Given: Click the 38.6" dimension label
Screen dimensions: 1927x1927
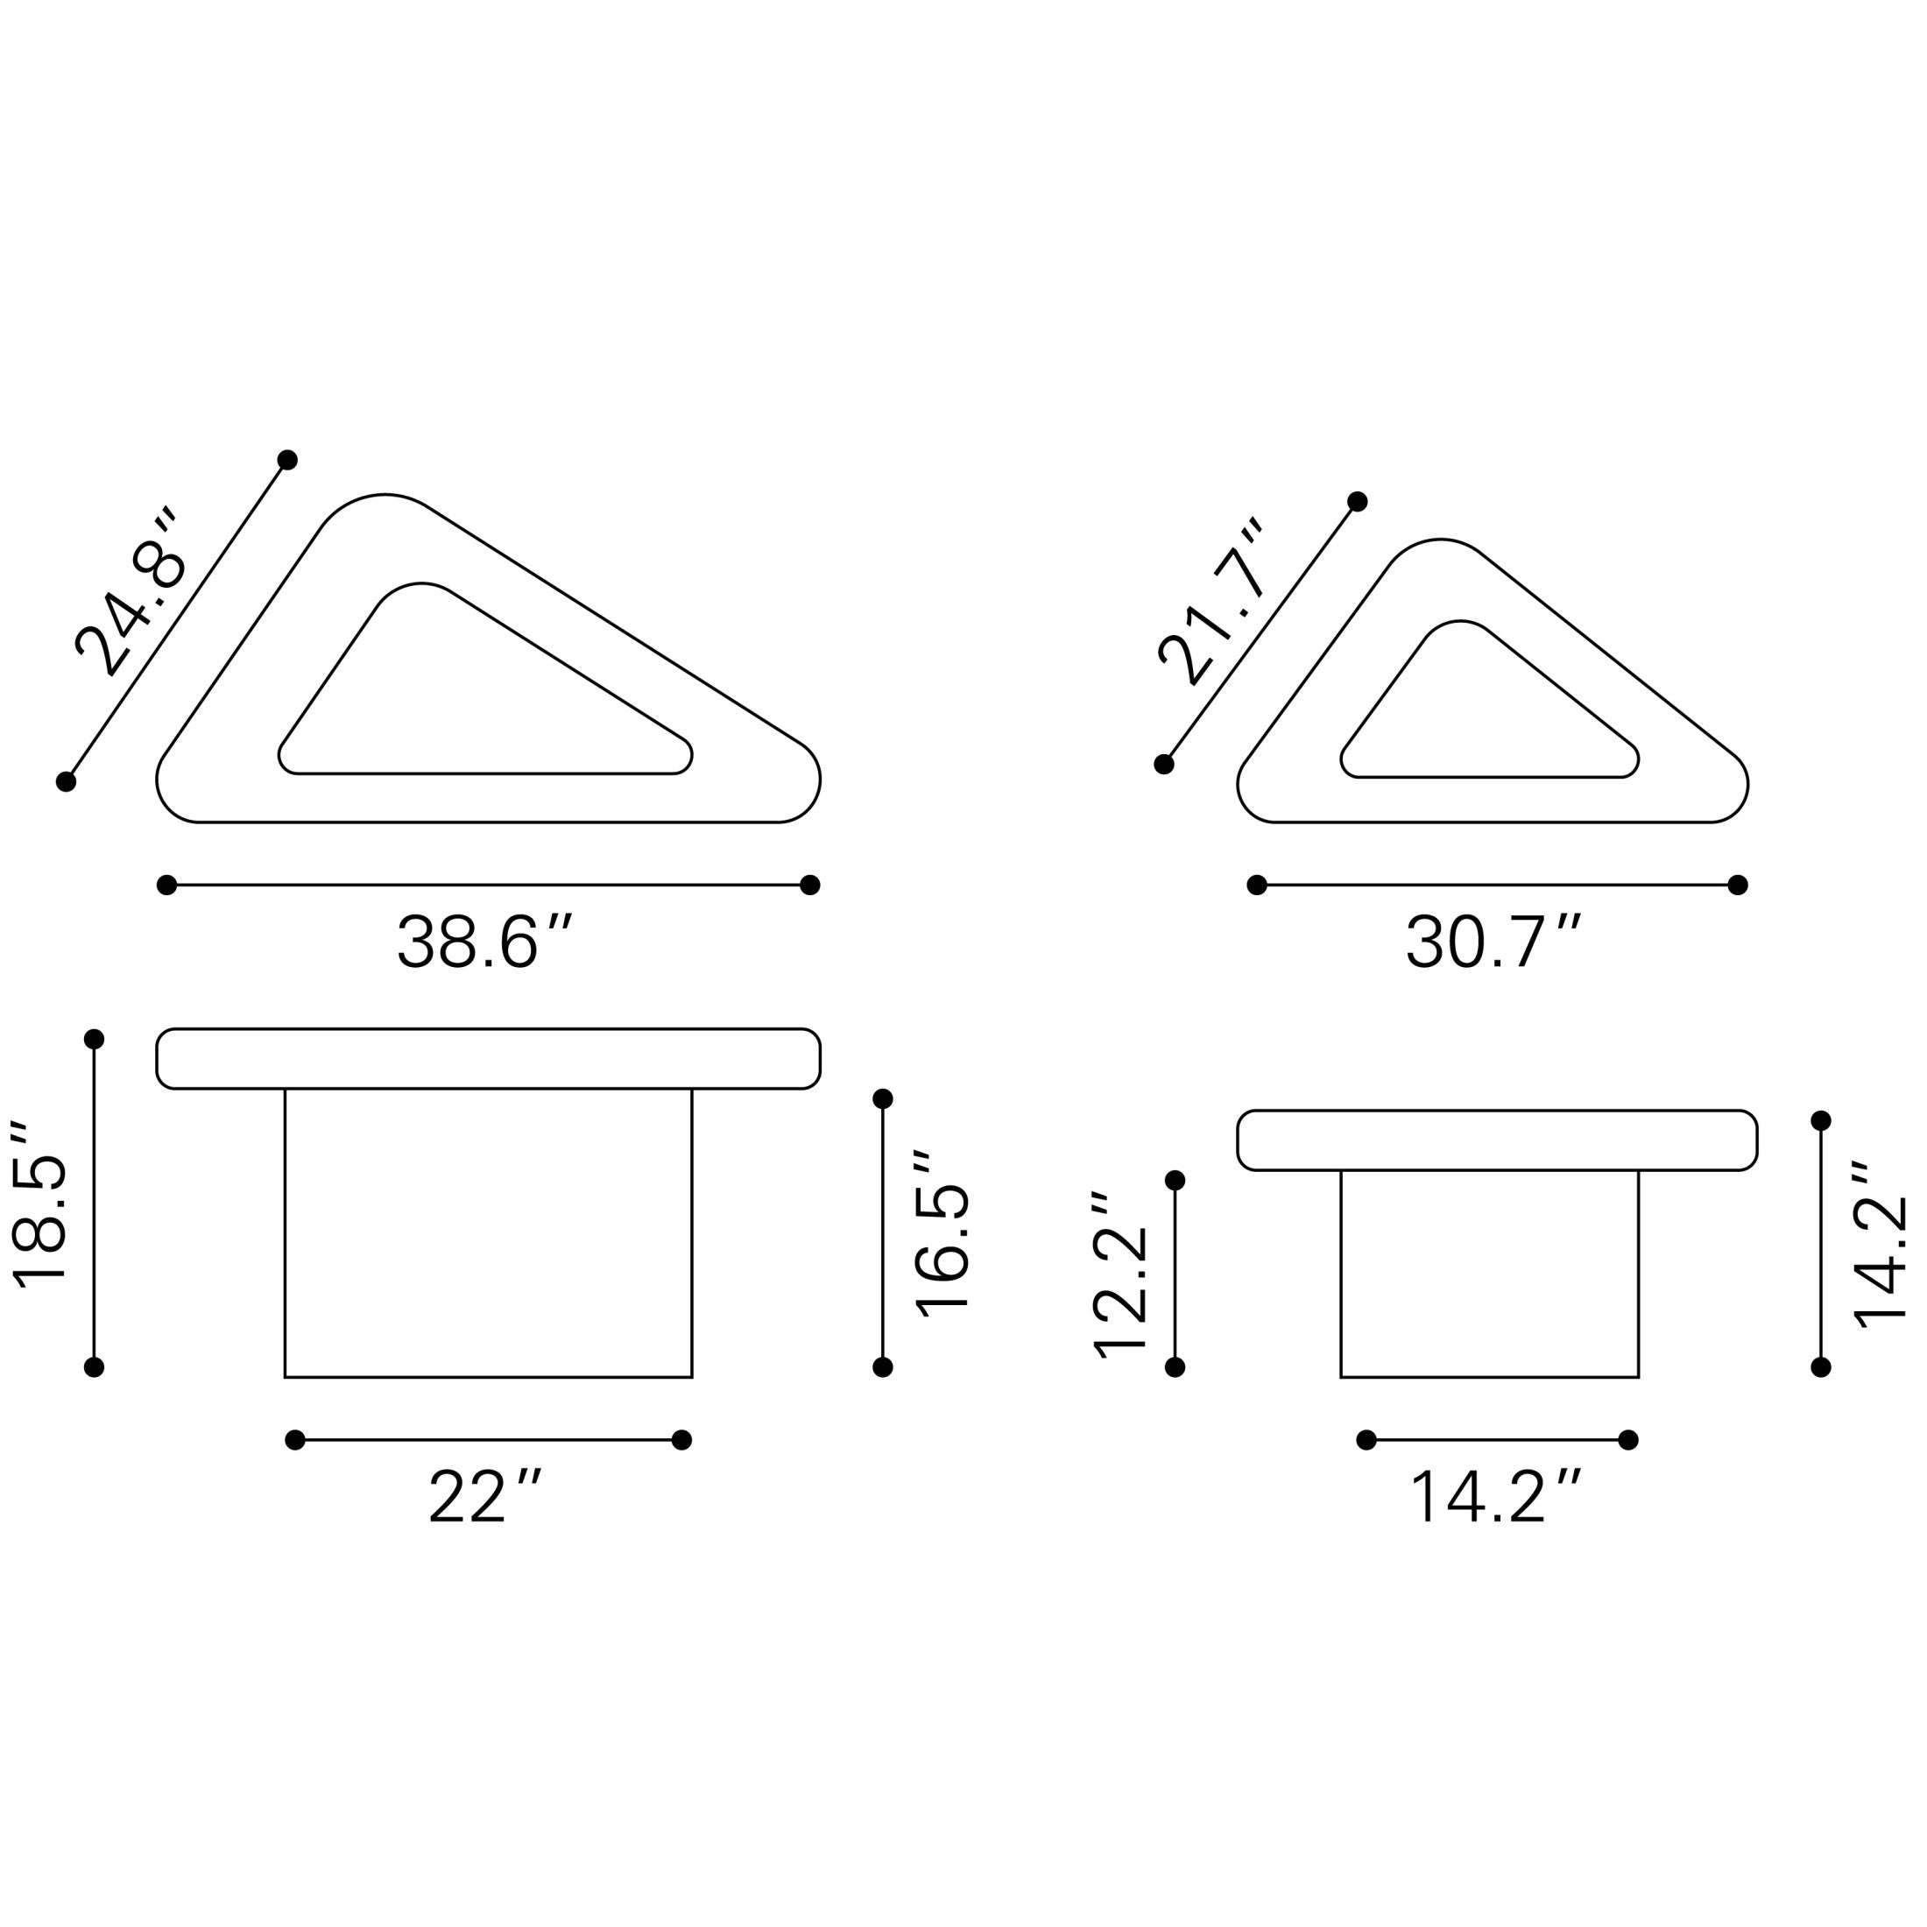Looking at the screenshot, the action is [x=484, y=942].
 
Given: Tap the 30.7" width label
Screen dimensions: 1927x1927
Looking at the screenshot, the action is [x=1493, y=942].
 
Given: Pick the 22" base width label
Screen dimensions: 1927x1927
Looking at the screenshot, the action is [x=484, y=1497].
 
